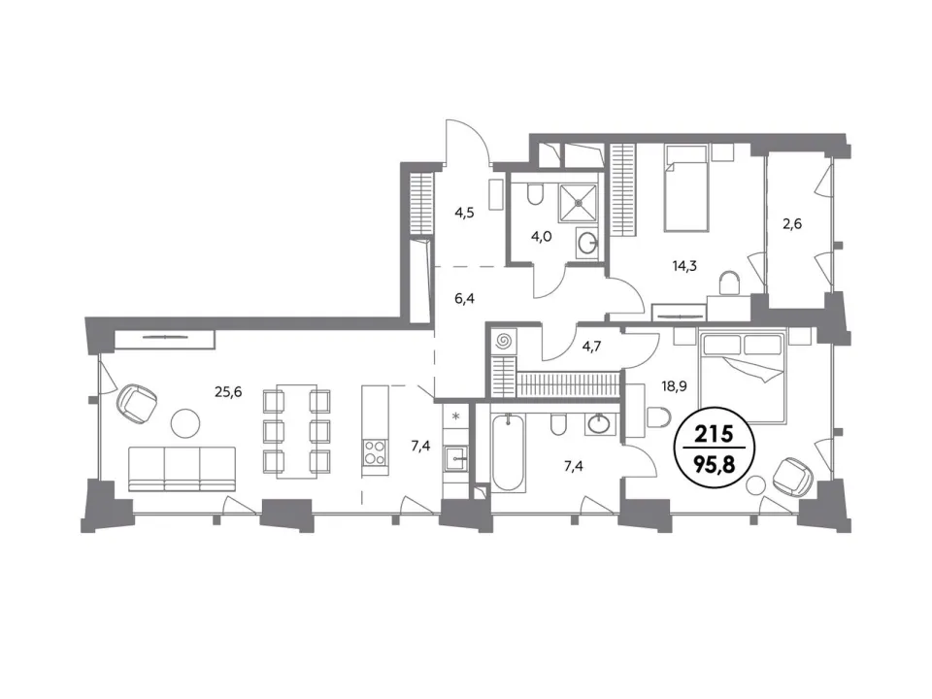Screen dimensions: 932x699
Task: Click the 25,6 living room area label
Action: click(x=228, y=391)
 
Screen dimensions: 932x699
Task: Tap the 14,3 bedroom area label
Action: click(x=684, y=266)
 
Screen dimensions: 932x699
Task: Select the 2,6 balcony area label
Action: click(x=792, y=224)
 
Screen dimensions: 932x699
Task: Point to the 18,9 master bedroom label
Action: click(x=675, y=386)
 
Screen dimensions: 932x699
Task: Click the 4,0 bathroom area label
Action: click(x=542, y=237)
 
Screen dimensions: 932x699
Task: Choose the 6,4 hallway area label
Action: click(x=465, y=298)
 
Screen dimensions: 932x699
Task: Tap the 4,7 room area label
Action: click(x=591, y=346)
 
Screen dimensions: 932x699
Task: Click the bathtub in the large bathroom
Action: click(x=509, y=452)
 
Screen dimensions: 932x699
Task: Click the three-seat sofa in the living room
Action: click(x=183, y=469)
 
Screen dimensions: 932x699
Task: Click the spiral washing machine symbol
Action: click(x=503, y=341)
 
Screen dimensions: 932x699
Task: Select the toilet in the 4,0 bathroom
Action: click(x=536, y=193)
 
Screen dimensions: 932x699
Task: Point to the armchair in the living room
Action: click(x=137, y=404)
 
